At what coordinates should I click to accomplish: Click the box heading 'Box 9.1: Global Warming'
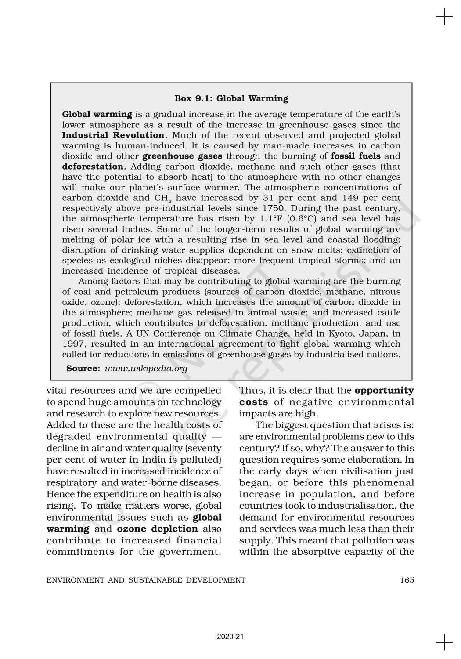pos(231,98)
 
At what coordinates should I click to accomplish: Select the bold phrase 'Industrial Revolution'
pos(113,135)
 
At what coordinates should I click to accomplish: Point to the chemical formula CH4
pos(162,198)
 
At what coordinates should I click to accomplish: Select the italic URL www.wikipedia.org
pos(146,369)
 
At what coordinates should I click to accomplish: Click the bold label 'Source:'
pos(83,369)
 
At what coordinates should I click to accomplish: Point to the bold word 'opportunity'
pos(384,391)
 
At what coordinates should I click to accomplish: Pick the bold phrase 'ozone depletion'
pos(158,529)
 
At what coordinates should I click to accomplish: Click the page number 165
pos(407,580)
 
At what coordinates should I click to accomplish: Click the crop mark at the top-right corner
pos(444,18)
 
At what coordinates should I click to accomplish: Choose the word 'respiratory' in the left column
pos(72,483)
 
